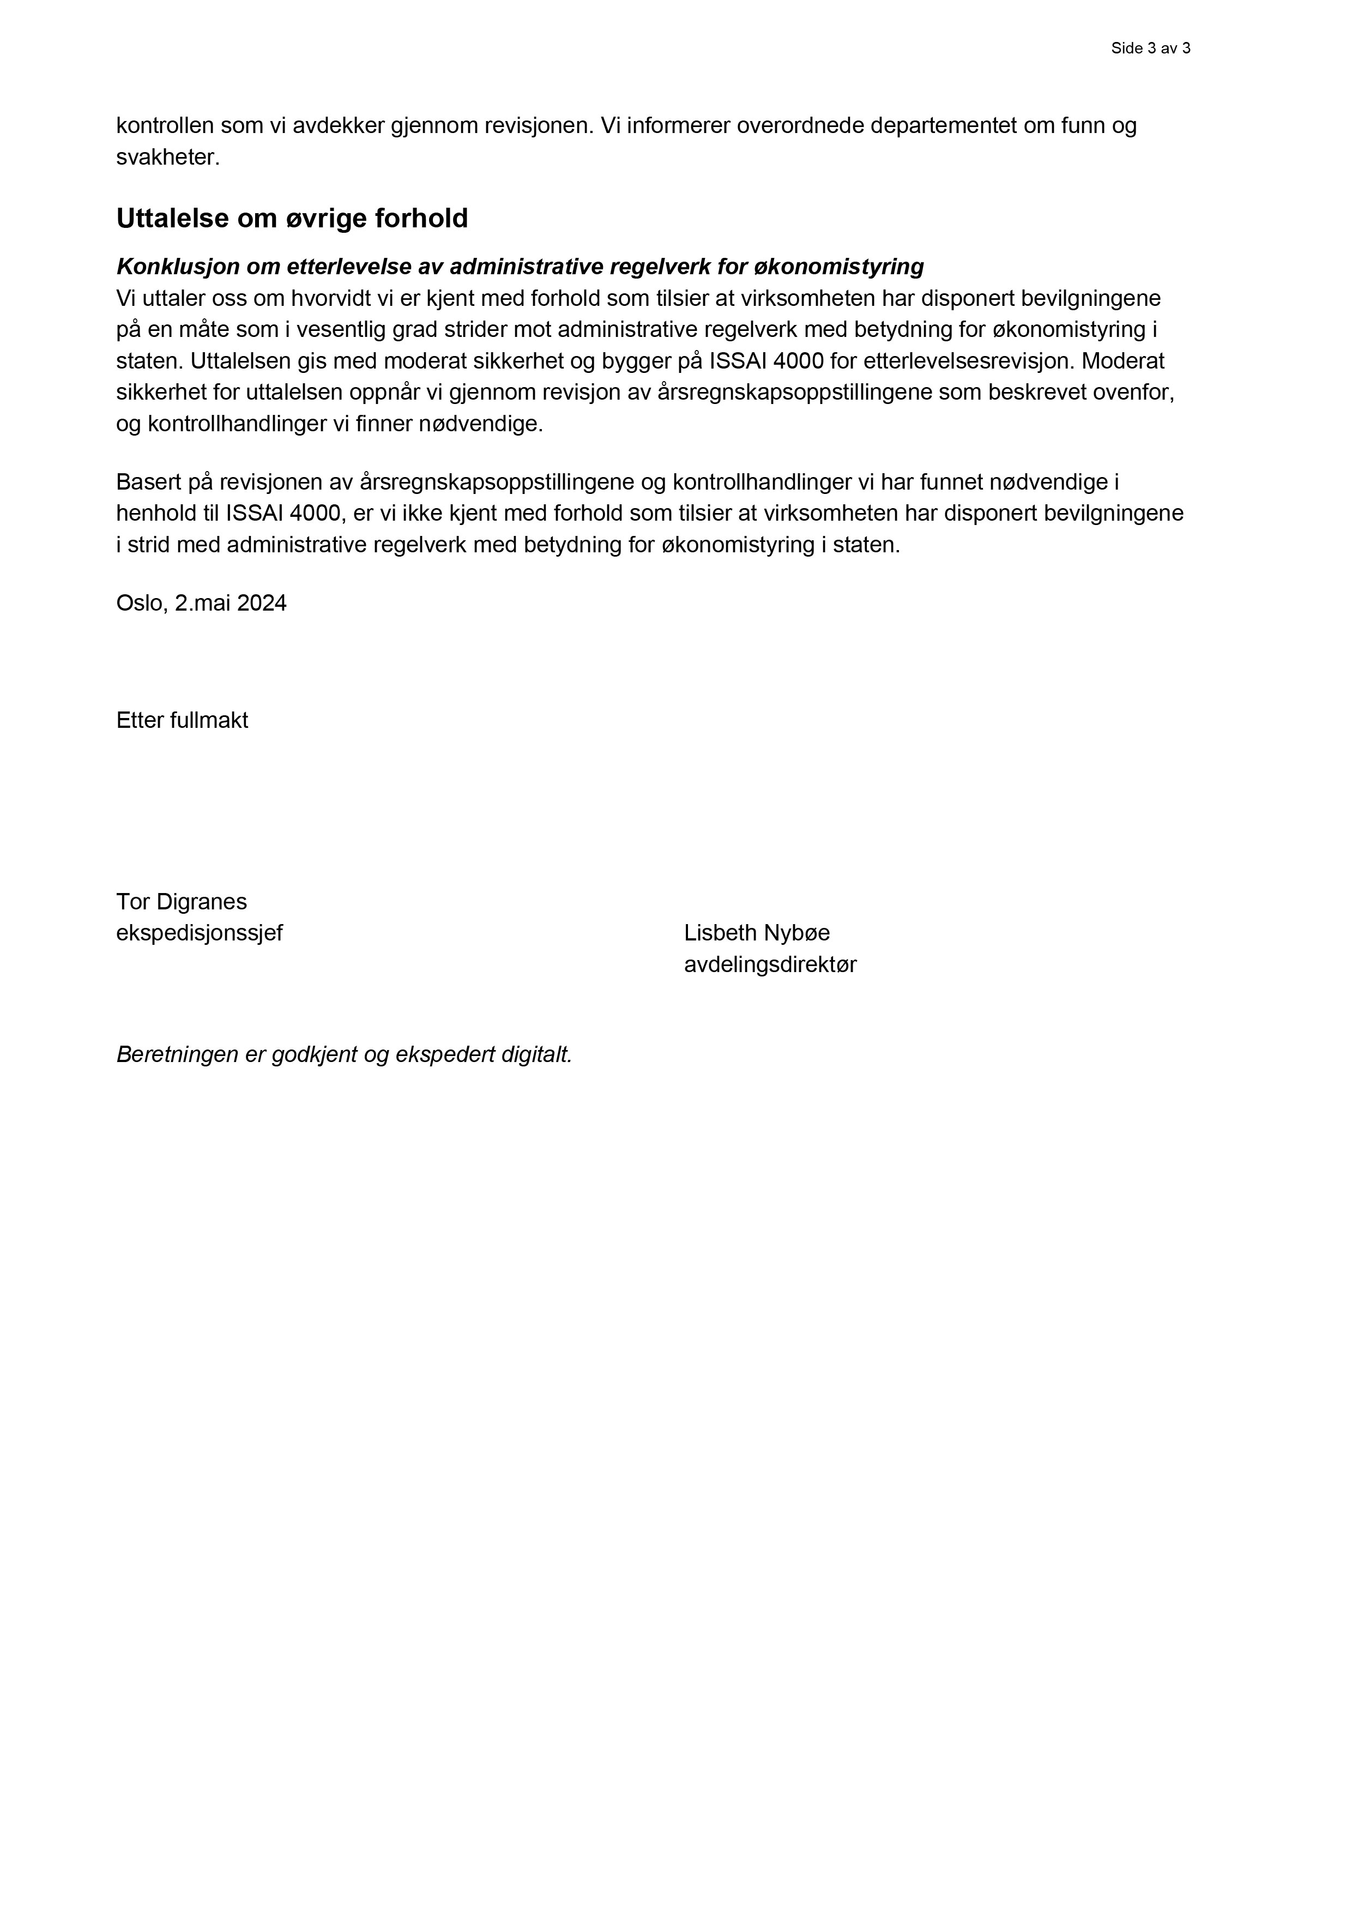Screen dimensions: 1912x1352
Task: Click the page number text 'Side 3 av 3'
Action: point(1150,49)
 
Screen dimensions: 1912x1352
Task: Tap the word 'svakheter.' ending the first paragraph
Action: point(168,158)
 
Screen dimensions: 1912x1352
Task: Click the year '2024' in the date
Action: point(262,603)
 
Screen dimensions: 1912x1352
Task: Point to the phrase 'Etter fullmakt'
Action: point(182,720)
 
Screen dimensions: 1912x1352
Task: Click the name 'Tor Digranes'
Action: point(182,902)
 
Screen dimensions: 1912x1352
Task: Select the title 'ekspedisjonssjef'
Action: point(199,933)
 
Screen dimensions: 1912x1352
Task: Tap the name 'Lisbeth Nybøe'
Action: point(757,933)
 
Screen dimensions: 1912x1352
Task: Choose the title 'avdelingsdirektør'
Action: point(770,964)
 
